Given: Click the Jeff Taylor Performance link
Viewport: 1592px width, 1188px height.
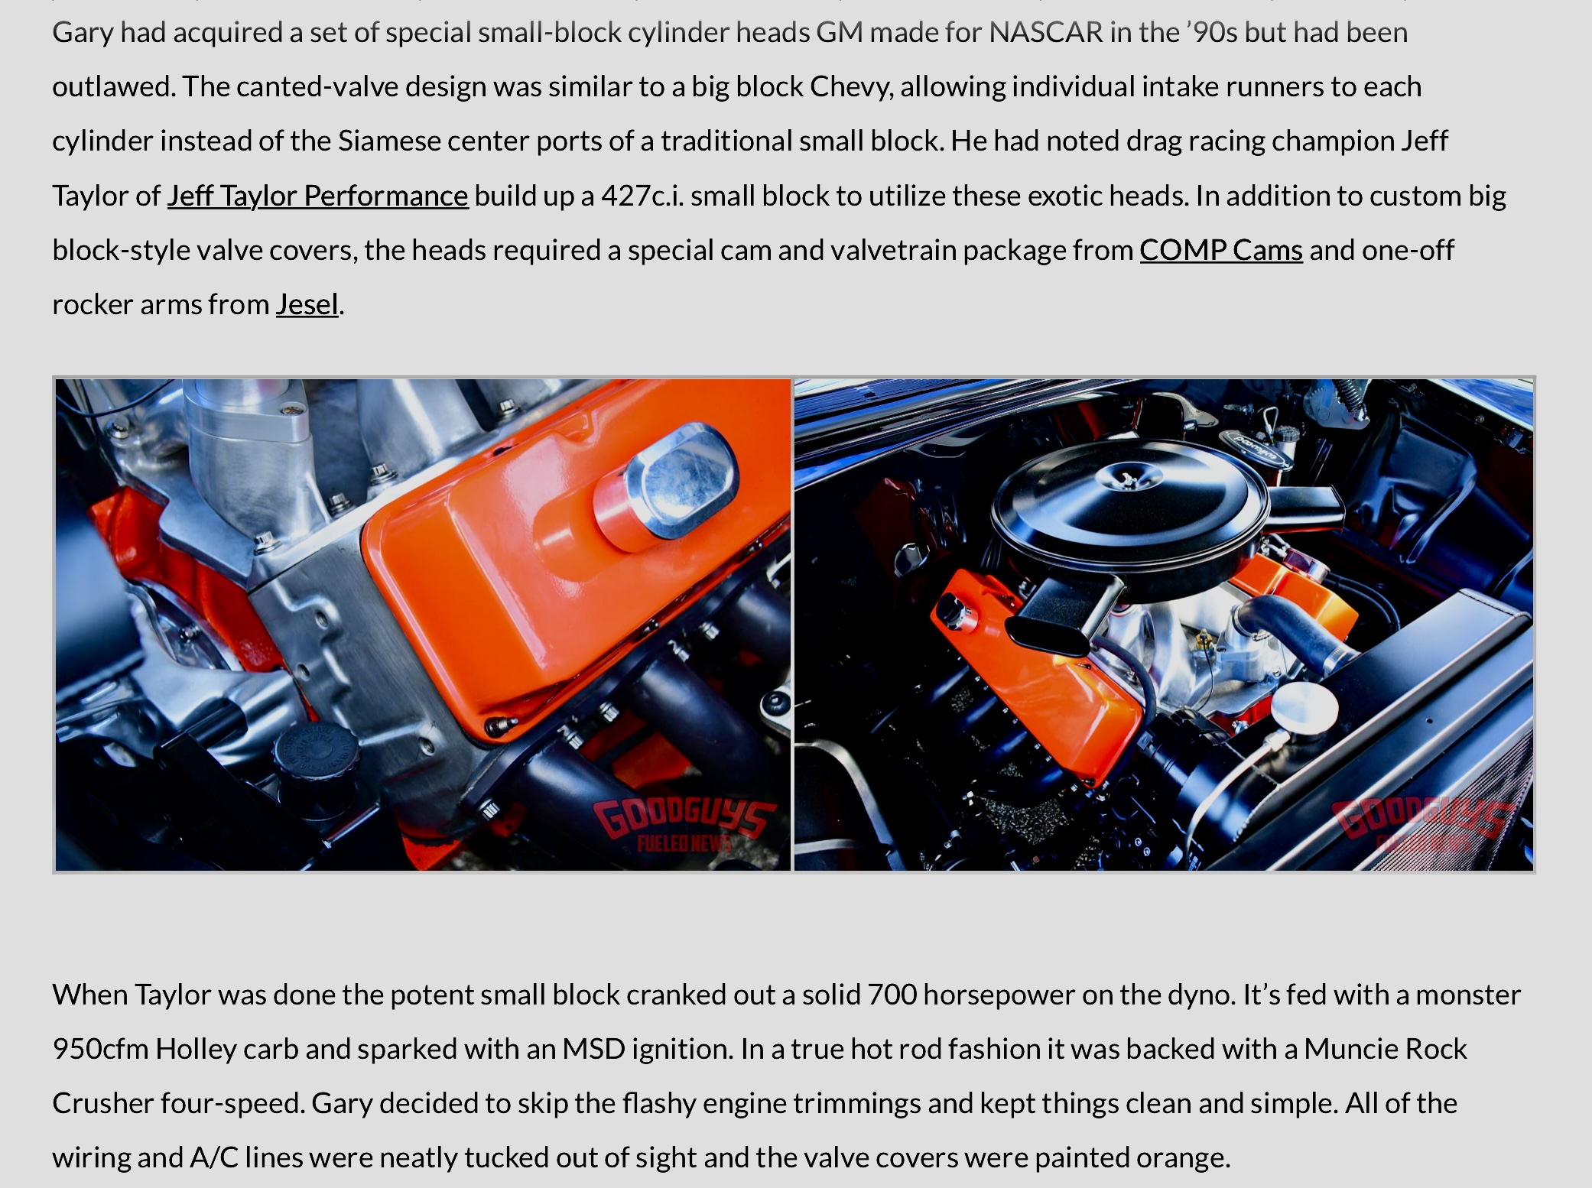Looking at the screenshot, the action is (317, 196).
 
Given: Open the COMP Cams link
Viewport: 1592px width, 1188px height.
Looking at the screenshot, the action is (1221, 250).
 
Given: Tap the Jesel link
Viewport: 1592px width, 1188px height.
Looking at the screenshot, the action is (307, 304).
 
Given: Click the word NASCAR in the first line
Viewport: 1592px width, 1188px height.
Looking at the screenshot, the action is (1046, 32).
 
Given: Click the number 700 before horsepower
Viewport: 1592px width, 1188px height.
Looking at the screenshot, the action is (892, 995).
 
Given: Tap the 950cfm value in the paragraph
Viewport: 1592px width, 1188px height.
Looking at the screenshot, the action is (100, 1049).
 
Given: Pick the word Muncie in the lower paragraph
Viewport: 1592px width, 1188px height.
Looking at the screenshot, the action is (1351, 1049).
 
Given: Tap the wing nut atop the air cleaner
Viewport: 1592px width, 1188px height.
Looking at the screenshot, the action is (1126, 479).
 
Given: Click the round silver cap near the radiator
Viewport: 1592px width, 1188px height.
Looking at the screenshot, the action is (1304, 709).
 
